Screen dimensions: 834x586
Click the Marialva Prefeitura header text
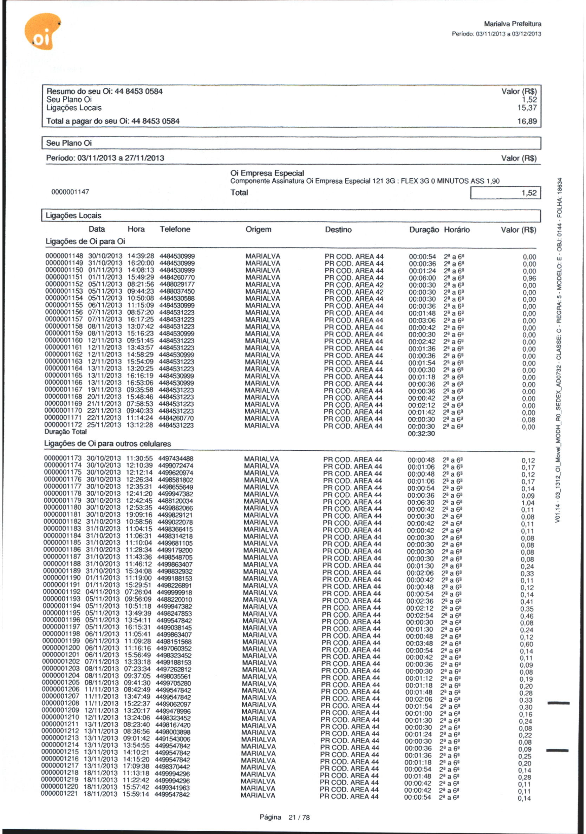coord(513,24)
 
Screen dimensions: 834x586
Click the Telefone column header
coord(175,229)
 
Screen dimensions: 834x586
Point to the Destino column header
coord(338,230)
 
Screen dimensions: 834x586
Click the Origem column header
coord(259,230)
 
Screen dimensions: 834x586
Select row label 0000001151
coord(64,278)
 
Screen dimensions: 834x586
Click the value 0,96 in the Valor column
coord(529,279)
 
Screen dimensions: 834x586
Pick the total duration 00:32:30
coord(421,434)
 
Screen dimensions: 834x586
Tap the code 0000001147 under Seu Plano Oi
coord(70,192)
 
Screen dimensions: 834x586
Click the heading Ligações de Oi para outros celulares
coord(108,444)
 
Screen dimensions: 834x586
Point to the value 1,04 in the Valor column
coord(527,503)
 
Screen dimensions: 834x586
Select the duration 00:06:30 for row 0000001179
coord(421,502)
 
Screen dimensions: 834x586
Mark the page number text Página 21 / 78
coord(285,817)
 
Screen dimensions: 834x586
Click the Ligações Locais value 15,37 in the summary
coord(527,108)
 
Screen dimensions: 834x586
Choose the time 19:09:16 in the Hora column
coord(139,515)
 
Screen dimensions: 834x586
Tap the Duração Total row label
coord(65,432)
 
